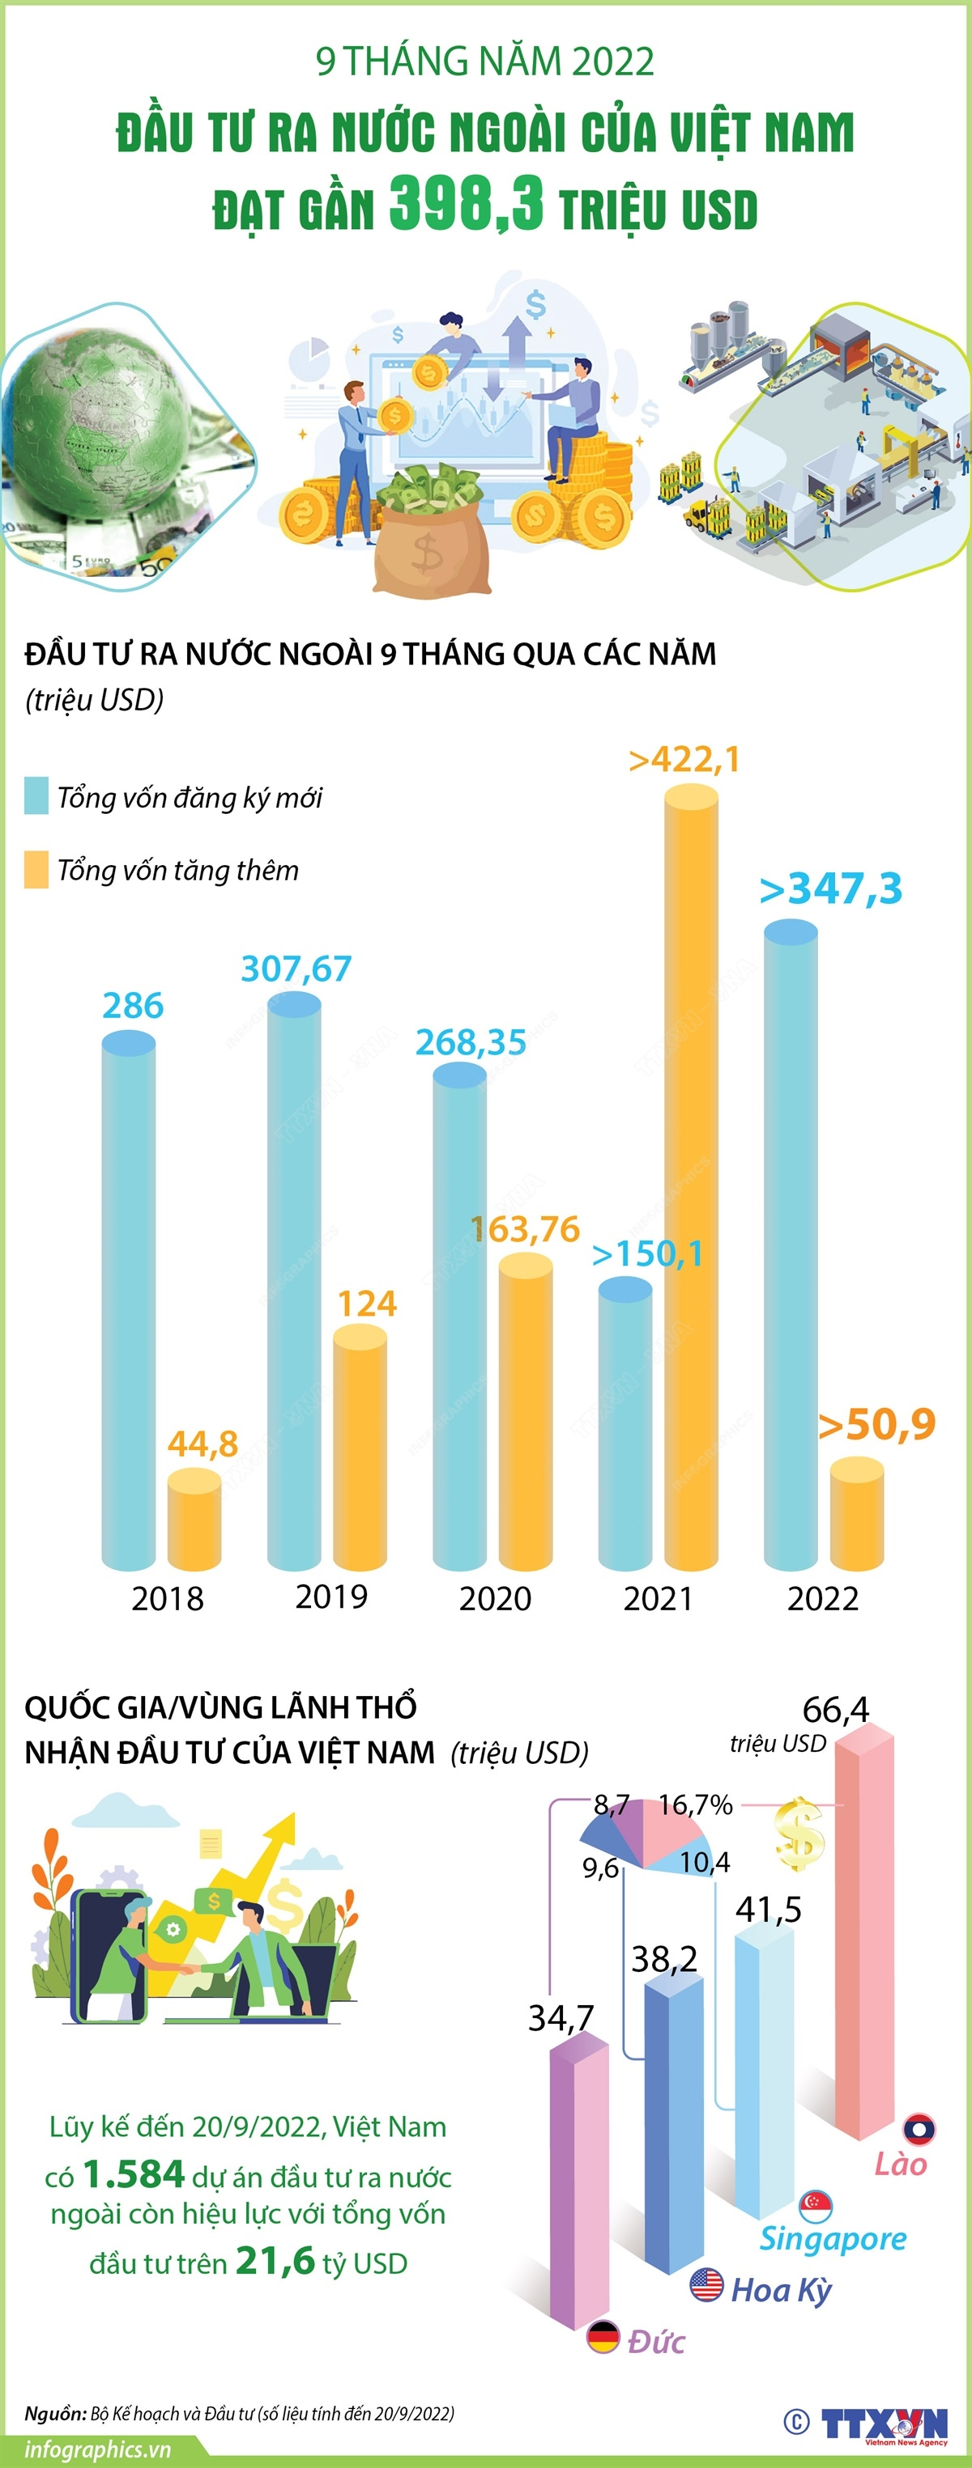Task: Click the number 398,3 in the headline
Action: pos(466,203)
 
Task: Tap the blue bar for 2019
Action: pos(294,1284)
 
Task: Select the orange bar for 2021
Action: pos(690,1178)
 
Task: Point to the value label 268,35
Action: pos(471,1042)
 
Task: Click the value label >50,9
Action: pos(877,1425)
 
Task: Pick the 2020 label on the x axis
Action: pos(495,1598)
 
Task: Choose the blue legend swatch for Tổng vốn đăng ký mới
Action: pos(36,796)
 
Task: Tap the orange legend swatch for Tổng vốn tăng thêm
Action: pos(36,869)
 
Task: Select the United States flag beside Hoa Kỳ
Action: pos(706,2285)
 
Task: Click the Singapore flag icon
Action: pos(816,2206)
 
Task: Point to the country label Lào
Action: pos(900,2165)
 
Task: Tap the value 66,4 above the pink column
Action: pos(835,1709)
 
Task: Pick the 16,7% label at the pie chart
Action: pos(695,1805)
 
